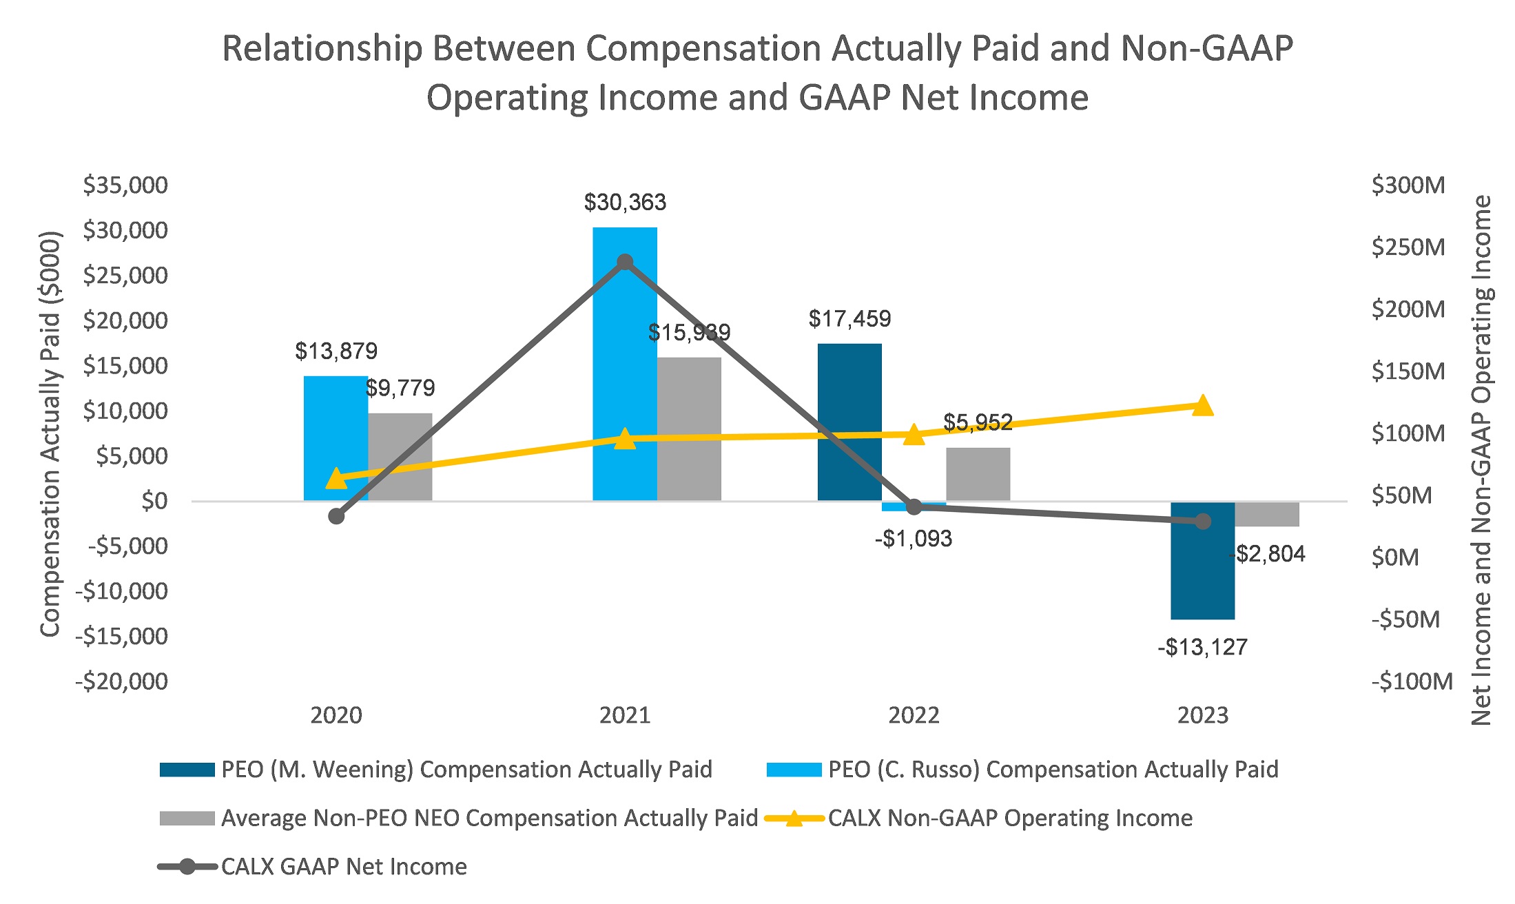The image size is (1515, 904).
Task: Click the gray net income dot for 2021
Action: click(625, 263)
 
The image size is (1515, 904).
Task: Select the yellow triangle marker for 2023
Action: click(1202, 406)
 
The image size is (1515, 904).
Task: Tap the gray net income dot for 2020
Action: click(336, 516)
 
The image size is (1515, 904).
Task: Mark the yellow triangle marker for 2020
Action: click(336, 478)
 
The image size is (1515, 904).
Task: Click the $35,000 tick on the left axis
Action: click(125, 185)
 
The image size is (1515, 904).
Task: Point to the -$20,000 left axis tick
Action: click(122, 681)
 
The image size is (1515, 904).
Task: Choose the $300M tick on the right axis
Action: click(1408, 185)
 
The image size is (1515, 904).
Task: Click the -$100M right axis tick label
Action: click(1411, 681)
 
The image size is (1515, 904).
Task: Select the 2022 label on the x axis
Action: click(914, 716)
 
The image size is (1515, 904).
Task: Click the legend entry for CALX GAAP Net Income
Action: click(343, 867)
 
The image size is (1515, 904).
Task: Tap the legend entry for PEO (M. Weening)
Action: click(466, 770)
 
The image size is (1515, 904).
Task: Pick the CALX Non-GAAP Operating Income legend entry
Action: click(1009, 819)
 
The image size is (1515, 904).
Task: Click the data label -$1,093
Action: click(913, 539)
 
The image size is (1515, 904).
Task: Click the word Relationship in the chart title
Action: click(322, 50)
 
